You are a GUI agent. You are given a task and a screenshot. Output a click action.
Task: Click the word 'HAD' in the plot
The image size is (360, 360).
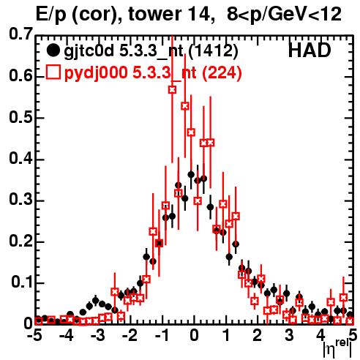pyautogui.click(x=310, y=50)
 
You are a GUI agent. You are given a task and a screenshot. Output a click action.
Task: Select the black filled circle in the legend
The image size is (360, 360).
pyautogui.click(x=53, y=50)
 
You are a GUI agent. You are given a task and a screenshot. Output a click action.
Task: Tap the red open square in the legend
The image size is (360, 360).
pyautogui.click(x=53, y=72)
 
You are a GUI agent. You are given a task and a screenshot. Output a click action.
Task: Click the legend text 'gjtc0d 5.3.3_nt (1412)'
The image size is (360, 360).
pyautogui.click(x=151, y=52)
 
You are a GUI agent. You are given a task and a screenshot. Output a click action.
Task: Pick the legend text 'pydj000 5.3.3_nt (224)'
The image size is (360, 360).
pyautogui.click(x=153, y=73)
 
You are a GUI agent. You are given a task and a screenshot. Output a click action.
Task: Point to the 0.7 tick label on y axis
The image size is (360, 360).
pyautogui.click(x=20, y=34)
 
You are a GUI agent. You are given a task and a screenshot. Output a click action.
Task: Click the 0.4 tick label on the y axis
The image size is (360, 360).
pyautogui.click(x=20, y=159)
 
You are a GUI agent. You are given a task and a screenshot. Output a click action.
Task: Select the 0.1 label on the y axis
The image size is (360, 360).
pyautogui.click(x=21, y=282)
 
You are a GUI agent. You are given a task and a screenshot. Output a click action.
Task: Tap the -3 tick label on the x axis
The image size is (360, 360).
pyautogui.click(x=98, y=335)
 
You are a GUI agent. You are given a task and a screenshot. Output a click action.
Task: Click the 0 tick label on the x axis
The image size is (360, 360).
pyautogui.click(x=194, y=335)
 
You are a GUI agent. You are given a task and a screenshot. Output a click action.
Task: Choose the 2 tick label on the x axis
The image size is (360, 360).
pyautogui.click(x=258, y=335)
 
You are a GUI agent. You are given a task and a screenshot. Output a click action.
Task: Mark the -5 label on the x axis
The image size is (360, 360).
pyautogui.click(x=34, y=335)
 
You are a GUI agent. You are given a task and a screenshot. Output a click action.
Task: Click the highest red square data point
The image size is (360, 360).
pyautogui.click(x=173, y=90)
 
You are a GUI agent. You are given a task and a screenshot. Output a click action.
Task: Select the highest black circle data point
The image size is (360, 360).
pyautogui.click(x=191, y=175)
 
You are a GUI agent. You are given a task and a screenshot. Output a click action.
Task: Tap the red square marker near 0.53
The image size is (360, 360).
pyautogui.click(x=185, y=106)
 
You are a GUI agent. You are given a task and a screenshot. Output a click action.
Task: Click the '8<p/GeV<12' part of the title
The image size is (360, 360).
pyautogui.click(x=284, y=15)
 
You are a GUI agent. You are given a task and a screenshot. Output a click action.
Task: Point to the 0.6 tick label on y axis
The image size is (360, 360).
pyautogui.click(x=20, y=76)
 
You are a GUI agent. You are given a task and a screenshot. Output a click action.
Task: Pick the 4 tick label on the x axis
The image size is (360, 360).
pyautogui.click(x=320, y=335)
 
